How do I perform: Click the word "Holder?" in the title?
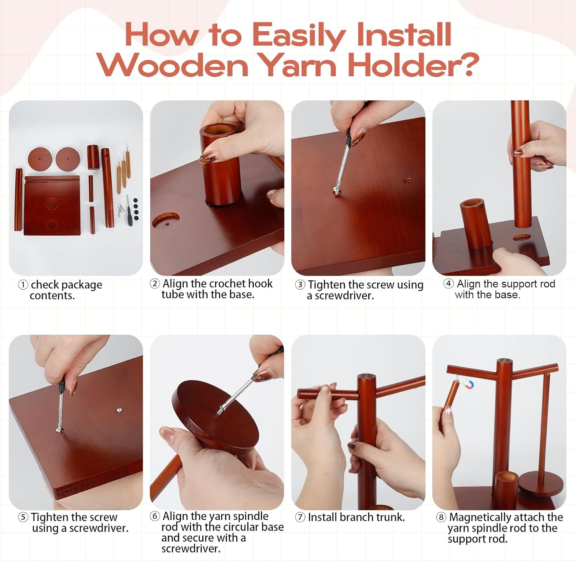coord(413,65)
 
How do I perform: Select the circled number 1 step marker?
coord(23,285)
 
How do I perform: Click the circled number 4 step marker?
coord(449,284)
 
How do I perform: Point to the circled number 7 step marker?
coord(300,517)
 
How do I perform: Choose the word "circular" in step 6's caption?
coord(238,527)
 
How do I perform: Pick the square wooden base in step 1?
coord(52,206)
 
